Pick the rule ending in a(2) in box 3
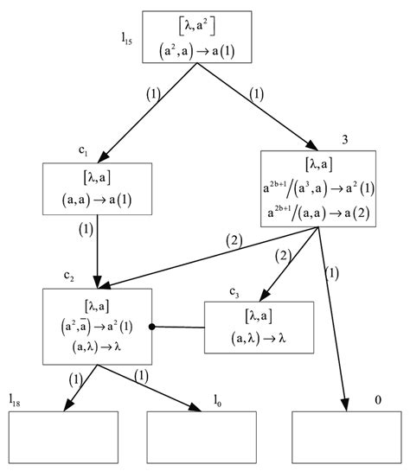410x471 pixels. pyautogui.click(x=318, y=207)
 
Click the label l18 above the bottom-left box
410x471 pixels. pyautogui.click(x=16, y=399)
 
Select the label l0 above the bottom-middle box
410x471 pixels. pyautogui.click(x=221, y=399)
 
